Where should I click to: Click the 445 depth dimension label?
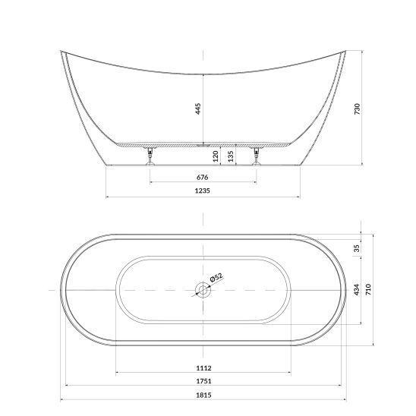pyautogui.click(x=198, y=109)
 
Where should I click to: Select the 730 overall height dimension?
pyautogui.click(x=358, y=109)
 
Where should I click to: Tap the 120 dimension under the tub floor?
pyautogui.click(x=216, y=156)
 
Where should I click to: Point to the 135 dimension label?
pyautogui.click(x=231, y=156)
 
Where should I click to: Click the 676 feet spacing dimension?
pyautogui.click(x=203, y=177)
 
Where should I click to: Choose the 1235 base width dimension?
pyautogui.click(x=203, y=191)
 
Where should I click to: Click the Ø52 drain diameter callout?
pyautogui.click(x=216, y=278)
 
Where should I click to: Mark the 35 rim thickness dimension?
pyautogui.click(x=357, y=248)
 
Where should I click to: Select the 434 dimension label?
pyautogui.click(x=357, y=289)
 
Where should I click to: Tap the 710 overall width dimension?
pyautogui.click(x=368, y=289)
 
